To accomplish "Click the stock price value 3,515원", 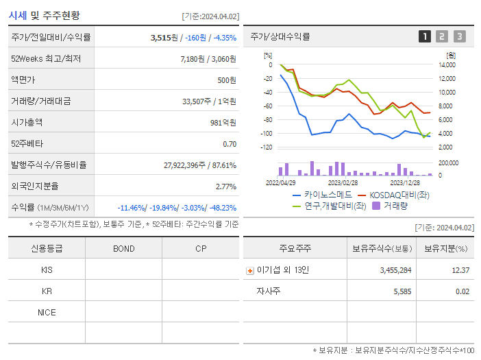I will pyautogui.click(x=165, y=38).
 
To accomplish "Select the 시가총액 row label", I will pyautogui.click(x=27, y=123).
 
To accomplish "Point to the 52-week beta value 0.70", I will pyautogui.click(x=230, y=144).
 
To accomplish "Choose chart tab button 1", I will pyautogui.click(x=425, y=36).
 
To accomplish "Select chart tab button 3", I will pyautogui.click(x=459, y=36).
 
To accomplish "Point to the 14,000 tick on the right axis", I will pyautogui.click(x=446, y=65).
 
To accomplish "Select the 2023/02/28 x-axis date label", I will pyautogui.click(x=343, y=183).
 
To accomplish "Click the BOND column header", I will pyautogui.click(x=123, y=248).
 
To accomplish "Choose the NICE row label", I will pyautogui.click(x=47, y=313).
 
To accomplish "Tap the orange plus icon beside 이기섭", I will pyautogui.click(x=250, y=270).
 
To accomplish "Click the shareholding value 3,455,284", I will pyautogui.click(x=395, y=270).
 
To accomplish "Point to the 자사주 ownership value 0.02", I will pyautogui.click(x=463, y=291).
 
